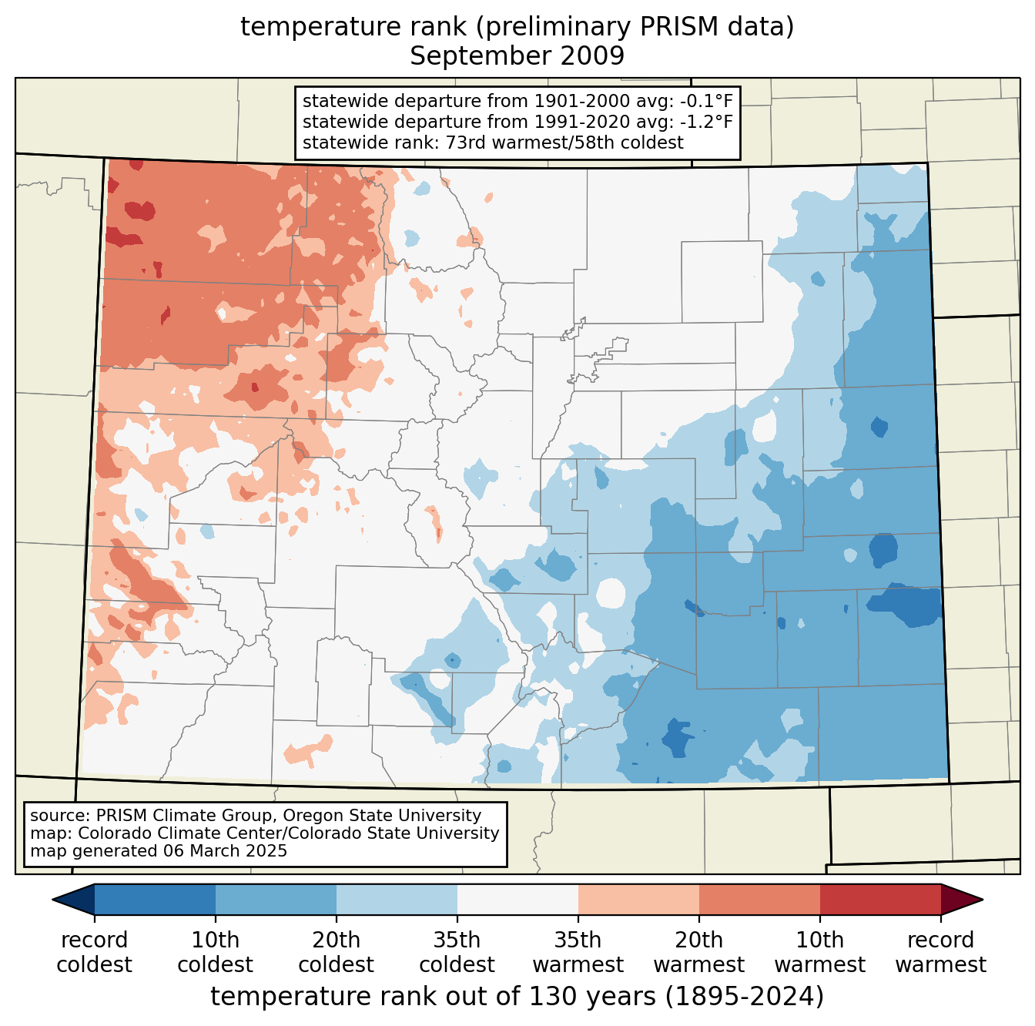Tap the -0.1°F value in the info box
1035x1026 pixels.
click(x=706, y=101)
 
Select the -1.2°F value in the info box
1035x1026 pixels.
click(x=706, y=122)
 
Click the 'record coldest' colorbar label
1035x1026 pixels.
click(x=94, y=952)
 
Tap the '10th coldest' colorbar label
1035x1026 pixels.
click(x=215, y=952)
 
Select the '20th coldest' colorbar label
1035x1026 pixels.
click(x=336, y=952)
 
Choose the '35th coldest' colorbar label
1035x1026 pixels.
click(x=457, y=952)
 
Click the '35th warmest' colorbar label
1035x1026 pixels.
click(x=578, y=952)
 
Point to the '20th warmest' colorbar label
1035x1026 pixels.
click(x=698, y=952)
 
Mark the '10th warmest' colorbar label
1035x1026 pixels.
click(x=819, y=952)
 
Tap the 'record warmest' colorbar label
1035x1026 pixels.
click(x=940, y=952)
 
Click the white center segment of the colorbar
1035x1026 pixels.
click(x=517, y=899)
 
